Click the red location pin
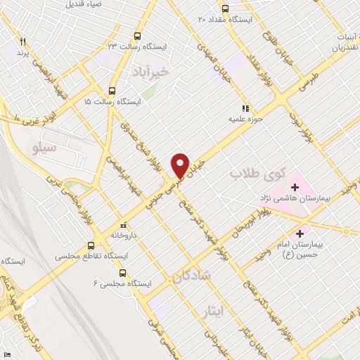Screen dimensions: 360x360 coord(181,166)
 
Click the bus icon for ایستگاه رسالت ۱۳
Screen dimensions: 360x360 coord(136,35)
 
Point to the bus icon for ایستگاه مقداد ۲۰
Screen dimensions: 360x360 coord(225,9)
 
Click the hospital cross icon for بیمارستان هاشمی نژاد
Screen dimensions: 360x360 coord(295,188)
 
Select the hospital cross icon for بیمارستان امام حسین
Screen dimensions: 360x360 coord(301,233)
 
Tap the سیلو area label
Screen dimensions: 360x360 coord(46,149)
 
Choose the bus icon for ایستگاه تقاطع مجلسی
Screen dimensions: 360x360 coord(90,246)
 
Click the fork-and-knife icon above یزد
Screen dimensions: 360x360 coord(23,41)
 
